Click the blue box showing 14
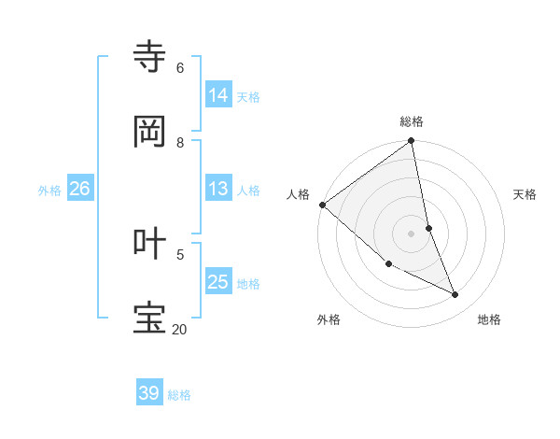(x=218, y=94)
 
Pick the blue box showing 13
(x=218, y=189)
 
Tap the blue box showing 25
(x=218, y=282)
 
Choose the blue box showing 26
(x=79, y=189)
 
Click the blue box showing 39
(x=149, y=393)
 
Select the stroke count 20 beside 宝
(x=179, y=329)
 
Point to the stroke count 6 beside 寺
(x=179, y=67)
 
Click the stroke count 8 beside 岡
(x=179, y=142)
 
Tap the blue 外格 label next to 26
(x=49, y=191)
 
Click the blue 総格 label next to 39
(x=179, y=395)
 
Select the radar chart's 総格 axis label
(x=412, y=121)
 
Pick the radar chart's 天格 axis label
(x=525, y=194)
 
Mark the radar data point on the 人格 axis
(x=322, y=205)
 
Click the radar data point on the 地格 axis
(x=455, y=295)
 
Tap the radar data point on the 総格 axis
(x=412, y=142)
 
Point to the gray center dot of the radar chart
(x=411, y=234)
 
